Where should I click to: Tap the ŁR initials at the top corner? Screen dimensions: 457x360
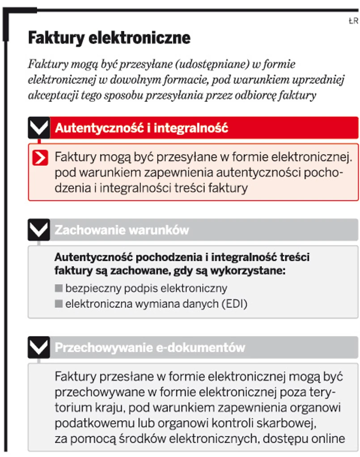[353, 20]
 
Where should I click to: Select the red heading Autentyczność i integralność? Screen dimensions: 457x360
[142, 128]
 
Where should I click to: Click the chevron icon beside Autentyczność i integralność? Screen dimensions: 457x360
[39, 128]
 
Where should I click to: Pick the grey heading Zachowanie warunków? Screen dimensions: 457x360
[122, 230]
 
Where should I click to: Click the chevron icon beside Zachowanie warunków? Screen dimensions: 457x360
[39, 230]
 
